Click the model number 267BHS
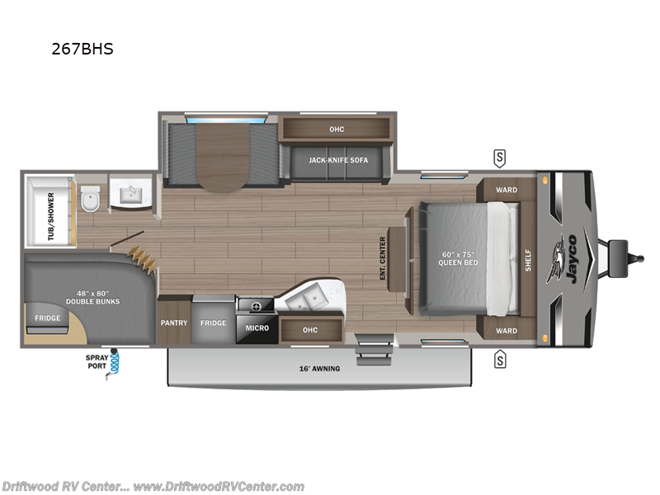coord(82,49)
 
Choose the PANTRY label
coord(174,323)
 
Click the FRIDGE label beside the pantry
coord(213,323)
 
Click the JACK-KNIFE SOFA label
coord(338,160)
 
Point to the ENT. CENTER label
coord(384,257)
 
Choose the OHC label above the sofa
coord(336,129)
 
